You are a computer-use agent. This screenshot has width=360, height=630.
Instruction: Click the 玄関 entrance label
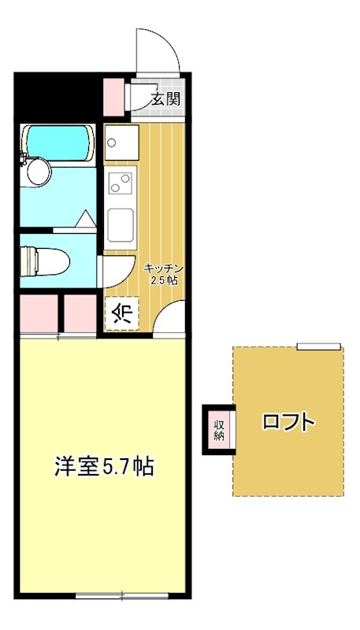pos(166,99)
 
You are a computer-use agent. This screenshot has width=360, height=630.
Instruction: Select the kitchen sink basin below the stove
pos(121,224)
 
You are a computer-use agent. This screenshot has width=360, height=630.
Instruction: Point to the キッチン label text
pos(162,268)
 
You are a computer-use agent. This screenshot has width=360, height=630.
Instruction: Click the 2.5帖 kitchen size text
pos(164,280)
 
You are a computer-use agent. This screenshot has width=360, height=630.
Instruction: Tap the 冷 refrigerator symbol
pos(122,313)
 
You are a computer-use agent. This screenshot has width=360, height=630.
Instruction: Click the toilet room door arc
pos(114,272)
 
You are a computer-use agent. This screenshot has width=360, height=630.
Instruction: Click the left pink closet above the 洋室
pos(37,313)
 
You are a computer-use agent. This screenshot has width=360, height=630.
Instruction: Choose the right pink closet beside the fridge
pos(80,313)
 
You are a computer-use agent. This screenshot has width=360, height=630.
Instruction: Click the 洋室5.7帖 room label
pos(103,467)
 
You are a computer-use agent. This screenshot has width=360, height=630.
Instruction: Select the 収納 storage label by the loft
pos(219,429)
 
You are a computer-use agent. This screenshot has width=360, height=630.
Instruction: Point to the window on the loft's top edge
pos(318,346)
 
